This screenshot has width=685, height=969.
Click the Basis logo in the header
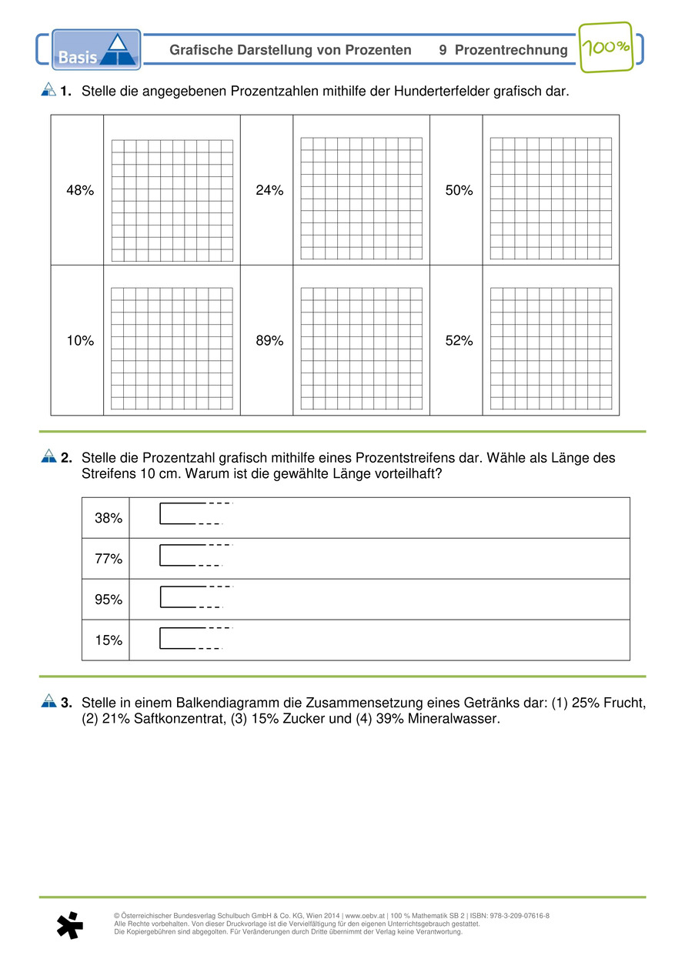coord(96,50)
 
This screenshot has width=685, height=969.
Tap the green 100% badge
coord(605,48)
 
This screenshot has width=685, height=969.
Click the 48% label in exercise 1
coord(80,191)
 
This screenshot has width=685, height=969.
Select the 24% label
coord(269,191)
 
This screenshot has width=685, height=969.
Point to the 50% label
coord(459,191)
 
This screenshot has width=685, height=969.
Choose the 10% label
coord(80,341)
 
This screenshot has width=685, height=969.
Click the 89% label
coord(269,341)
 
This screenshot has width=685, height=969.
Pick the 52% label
coord(459,341)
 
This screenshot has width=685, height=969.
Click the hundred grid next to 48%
coord(172,200)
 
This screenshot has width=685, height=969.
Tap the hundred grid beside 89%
coord(361,348)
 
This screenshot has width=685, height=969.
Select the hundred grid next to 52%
coord(550,348)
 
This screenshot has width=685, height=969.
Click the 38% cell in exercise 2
coord(109,518)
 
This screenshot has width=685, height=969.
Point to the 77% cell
coord(109,559)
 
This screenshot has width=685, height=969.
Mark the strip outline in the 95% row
coord(185,597)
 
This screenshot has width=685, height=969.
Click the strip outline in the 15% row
coord(185,638)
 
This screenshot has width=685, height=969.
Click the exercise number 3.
coord(66,703)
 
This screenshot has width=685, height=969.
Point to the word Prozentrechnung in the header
coord(511,50)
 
